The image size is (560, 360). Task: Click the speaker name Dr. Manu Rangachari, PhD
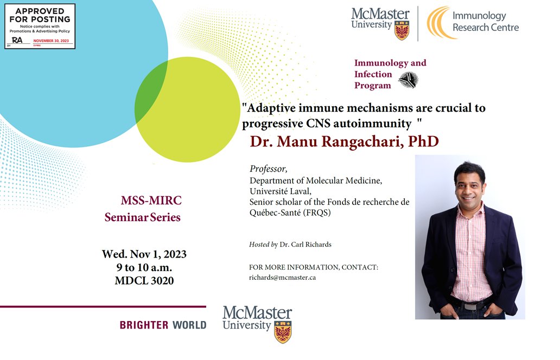(x=343, y=142)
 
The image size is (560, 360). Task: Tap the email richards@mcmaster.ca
(x=282, y=277)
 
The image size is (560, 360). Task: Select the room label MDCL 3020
(x=144, y=281)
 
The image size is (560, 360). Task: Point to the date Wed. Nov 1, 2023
(x=144, y=254)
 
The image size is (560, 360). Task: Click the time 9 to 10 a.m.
(x=144, y=268)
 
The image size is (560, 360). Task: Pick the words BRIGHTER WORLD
(x=163, y=325)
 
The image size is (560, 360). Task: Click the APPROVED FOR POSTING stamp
(x=40, y=26)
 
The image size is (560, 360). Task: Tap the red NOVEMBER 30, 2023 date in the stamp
(x=52, y=41)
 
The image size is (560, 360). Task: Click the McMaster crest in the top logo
(x=402, y=31)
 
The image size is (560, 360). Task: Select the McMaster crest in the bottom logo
(x=283, y=332)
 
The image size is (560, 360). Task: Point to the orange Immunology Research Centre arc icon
(x=438, y=23)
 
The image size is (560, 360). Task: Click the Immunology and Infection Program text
(x=390, y=74)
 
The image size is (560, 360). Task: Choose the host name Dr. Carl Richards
(x=305, y=245)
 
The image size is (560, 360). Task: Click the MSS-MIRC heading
(x=151, y=201)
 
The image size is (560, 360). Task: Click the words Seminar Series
(x=143, y=218)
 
